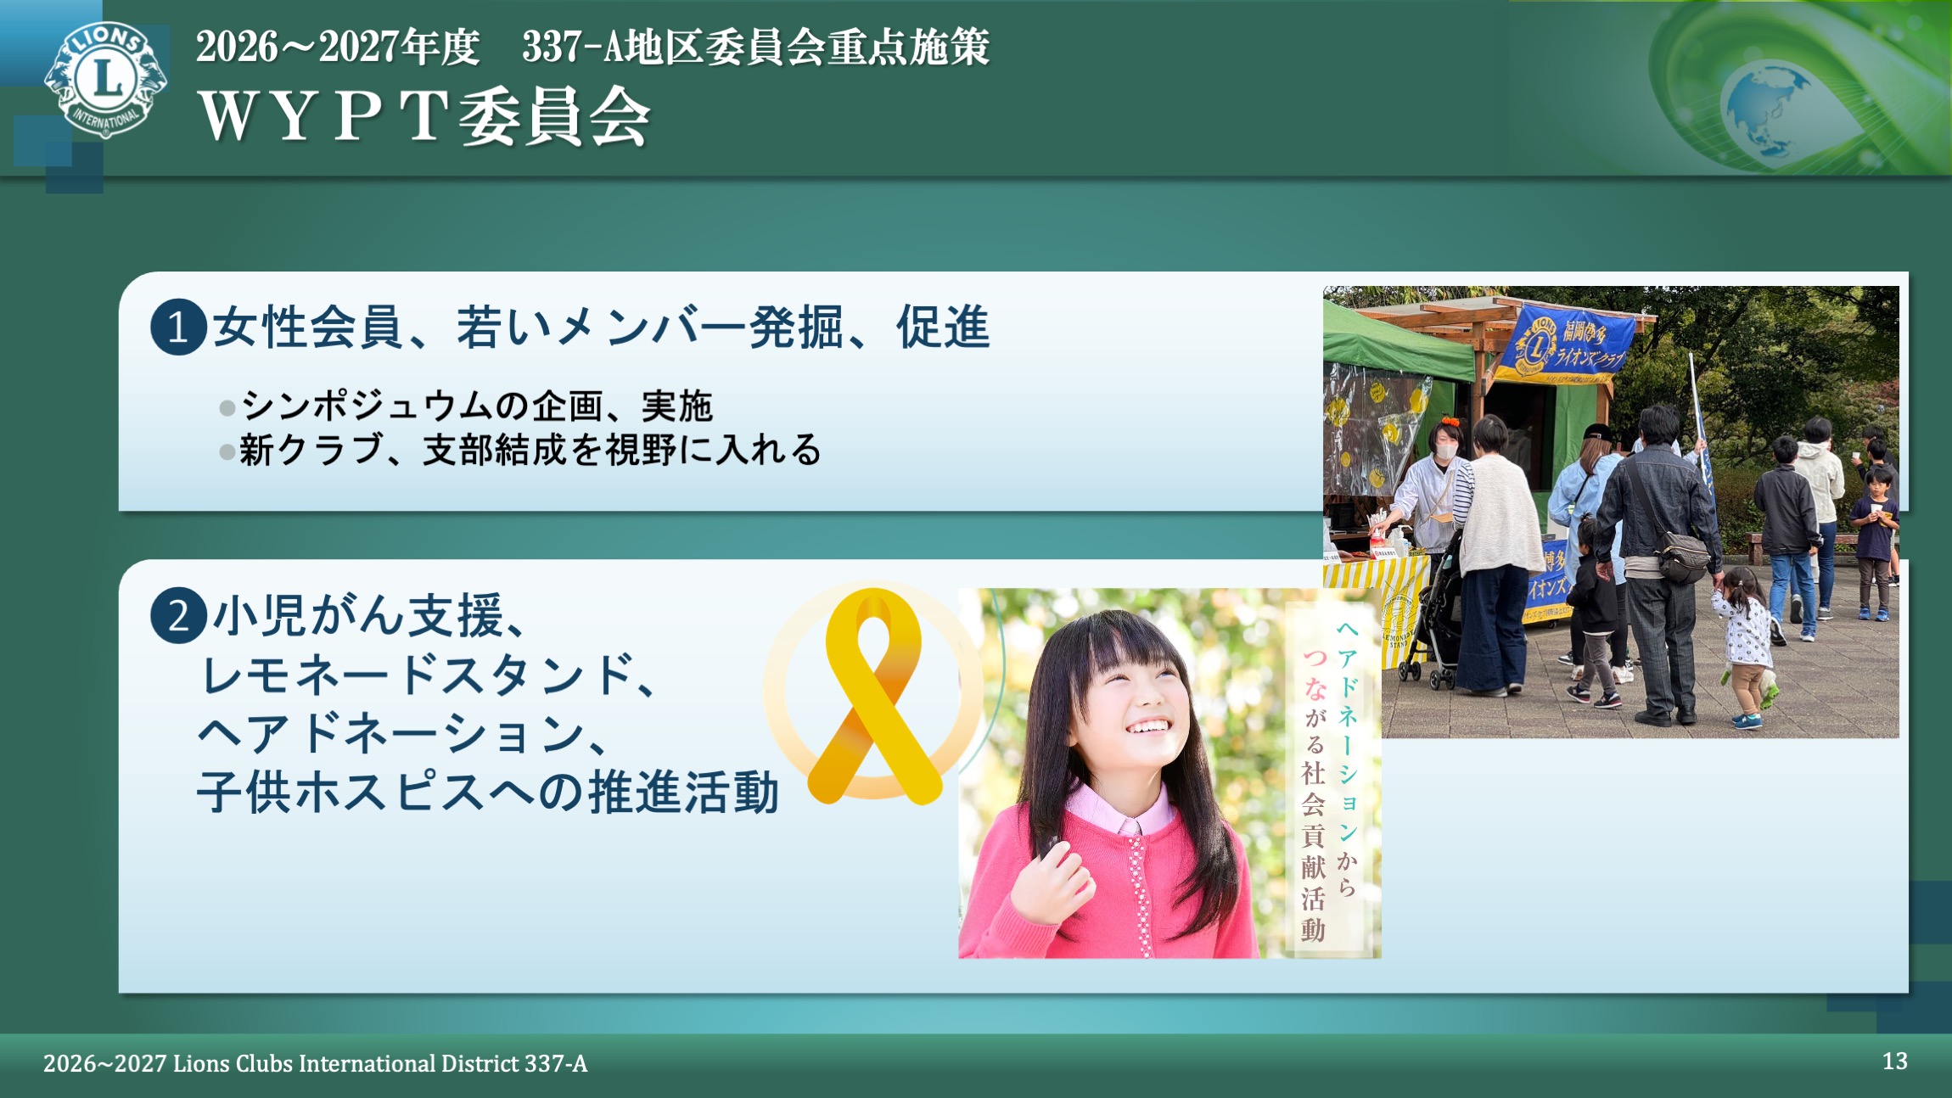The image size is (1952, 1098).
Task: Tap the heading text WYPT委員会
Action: click(x=424, y=117)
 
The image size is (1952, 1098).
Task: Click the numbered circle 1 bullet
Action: click(x=178, y=327)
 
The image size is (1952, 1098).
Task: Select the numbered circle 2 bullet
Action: click(x=178, y=615)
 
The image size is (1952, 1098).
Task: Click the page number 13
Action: click(x=1894, y=1061)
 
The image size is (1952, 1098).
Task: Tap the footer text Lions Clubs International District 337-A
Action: click(x=379, y=1063)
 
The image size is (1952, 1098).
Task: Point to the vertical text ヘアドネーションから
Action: click(x=1347, y=755)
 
